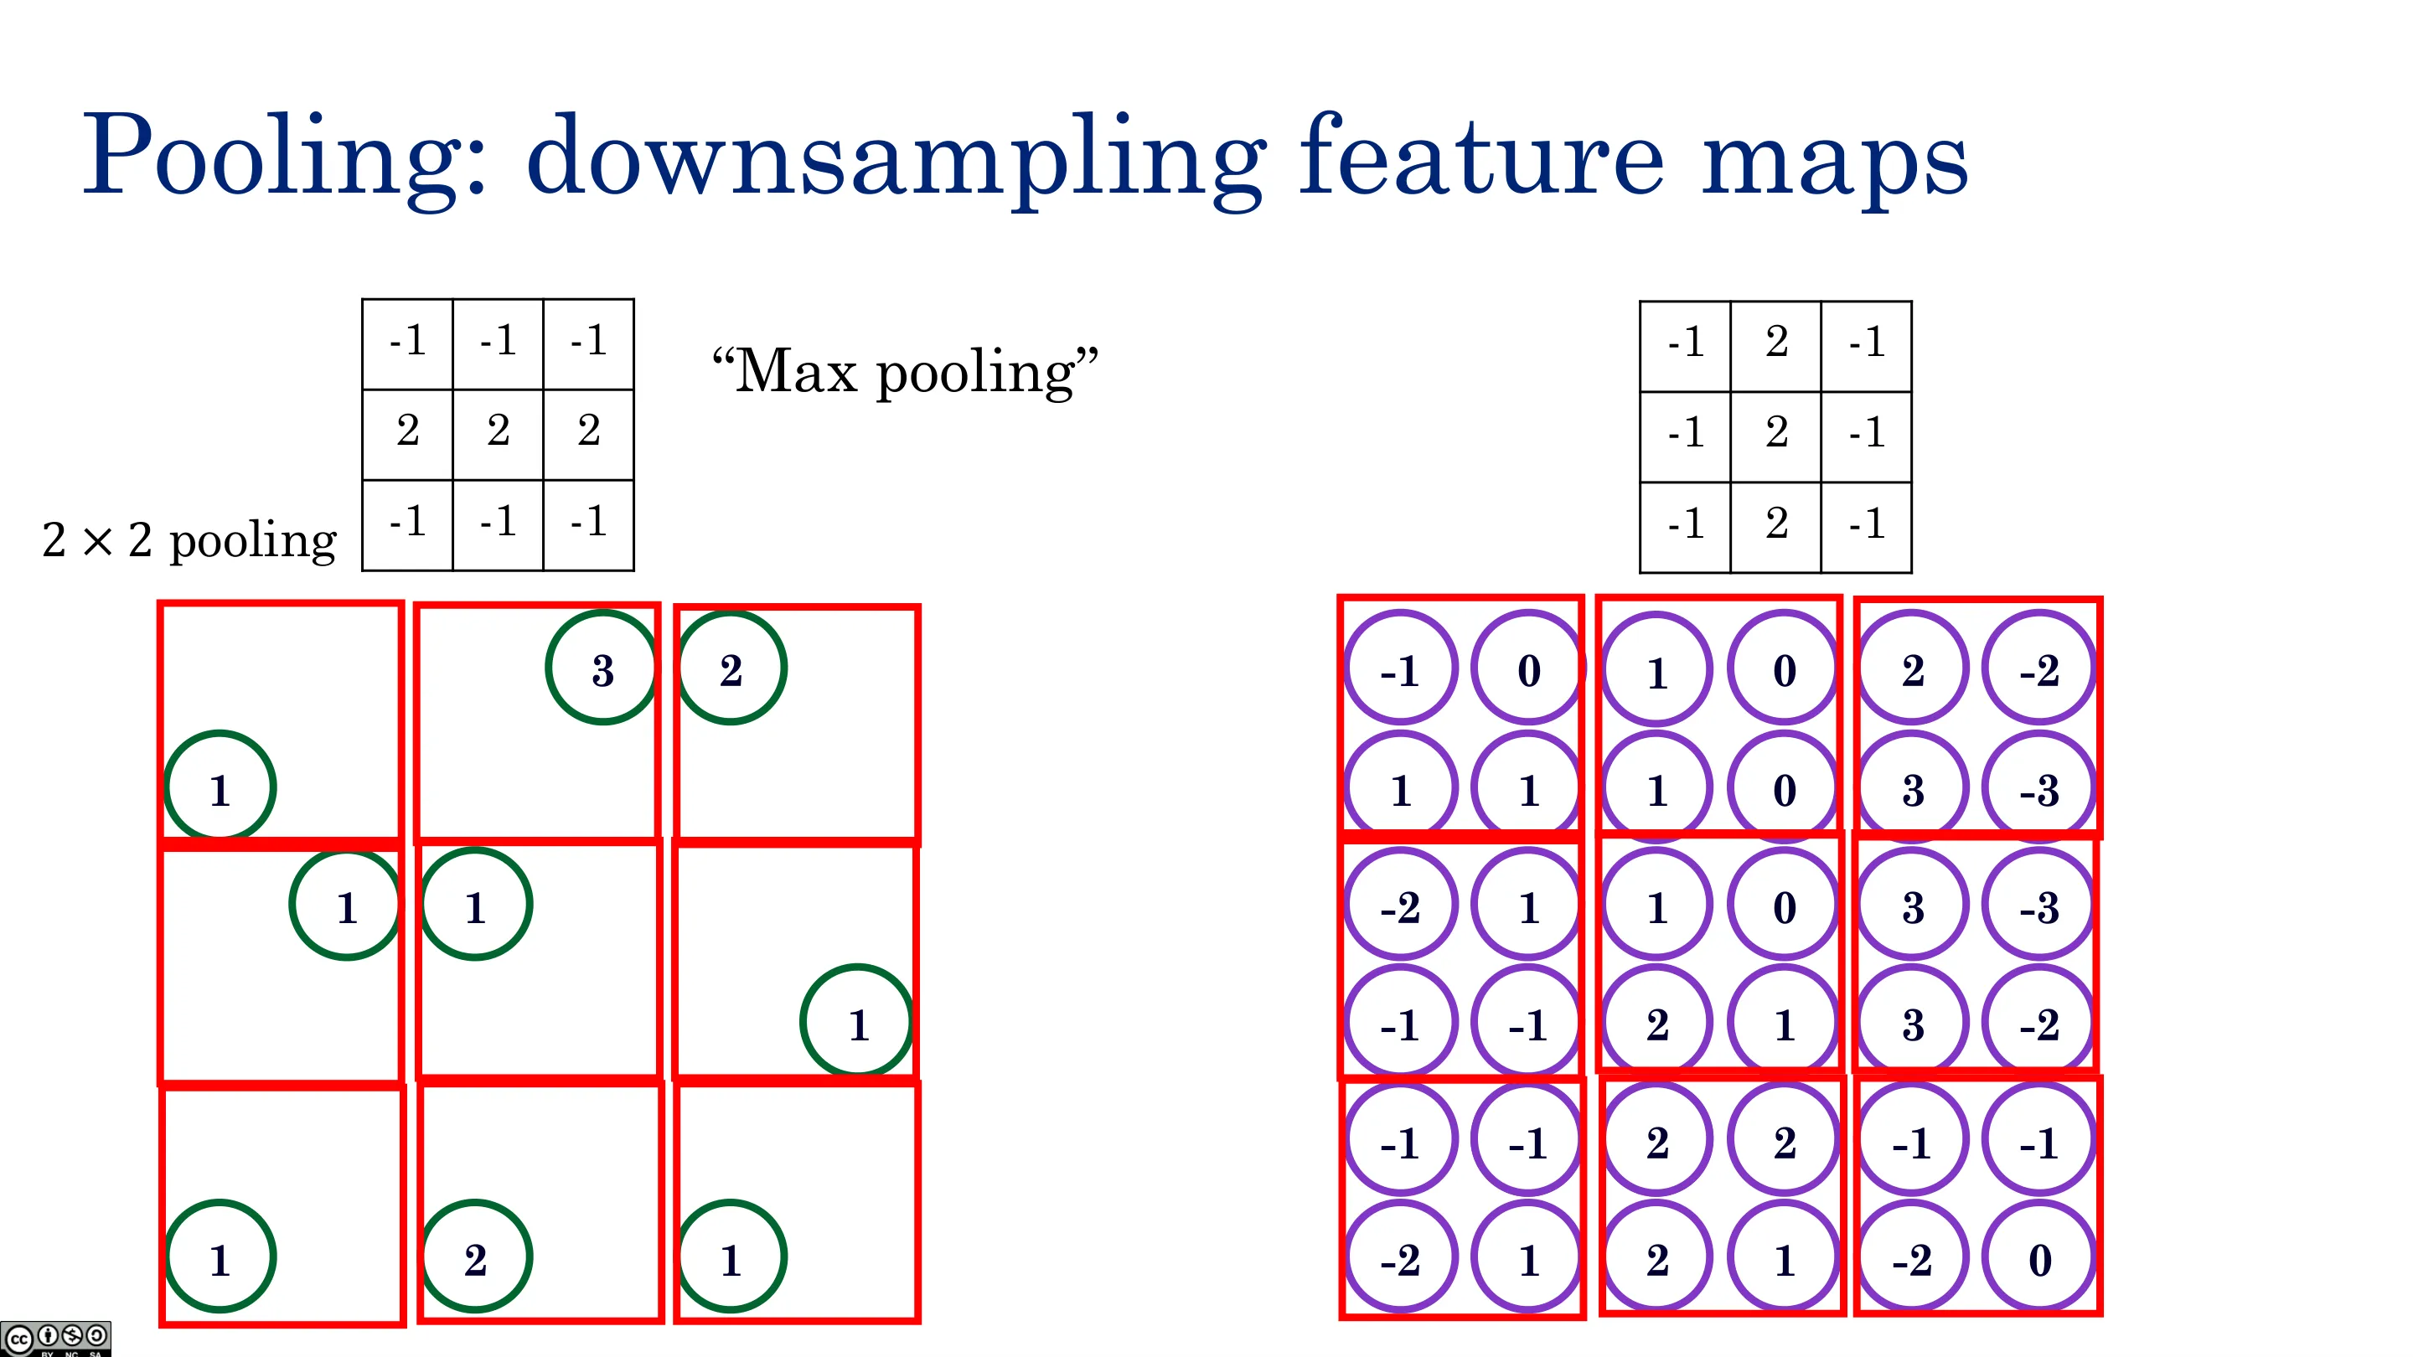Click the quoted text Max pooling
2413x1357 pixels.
905,372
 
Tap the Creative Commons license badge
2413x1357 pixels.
55,1339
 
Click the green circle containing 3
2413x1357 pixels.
602,668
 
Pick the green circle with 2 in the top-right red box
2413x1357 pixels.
731,668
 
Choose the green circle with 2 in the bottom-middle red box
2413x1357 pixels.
476,1256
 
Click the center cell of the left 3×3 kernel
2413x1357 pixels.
499,435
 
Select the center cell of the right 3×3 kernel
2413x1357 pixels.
1776,436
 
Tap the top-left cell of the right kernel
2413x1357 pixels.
1685,347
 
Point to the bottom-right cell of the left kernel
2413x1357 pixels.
588,524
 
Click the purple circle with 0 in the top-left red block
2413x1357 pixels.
1527,668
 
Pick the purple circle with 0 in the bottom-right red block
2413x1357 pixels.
2039,1257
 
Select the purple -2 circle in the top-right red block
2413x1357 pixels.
2039,668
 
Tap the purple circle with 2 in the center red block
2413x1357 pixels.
1656,1023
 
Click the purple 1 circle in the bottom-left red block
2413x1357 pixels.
1527,1257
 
